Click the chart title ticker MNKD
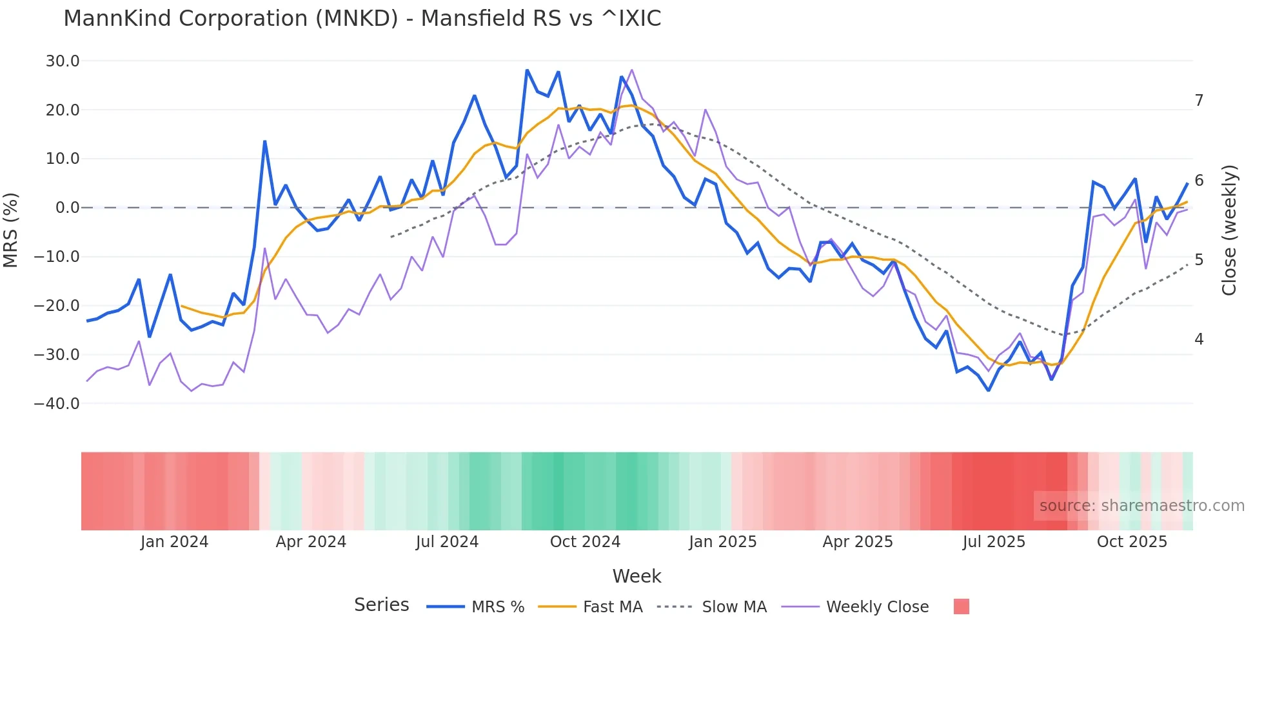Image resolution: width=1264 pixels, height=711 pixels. [x=357, y=19]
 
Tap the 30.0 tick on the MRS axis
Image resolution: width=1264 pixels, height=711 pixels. [x=63, y=61]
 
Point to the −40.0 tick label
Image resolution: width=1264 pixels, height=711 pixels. [x=57, y=404]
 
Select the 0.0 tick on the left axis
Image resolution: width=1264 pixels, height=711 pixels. [x=67, y=208]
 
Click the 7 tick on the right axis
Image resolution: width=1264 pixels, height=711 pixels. [x=1199, y=101]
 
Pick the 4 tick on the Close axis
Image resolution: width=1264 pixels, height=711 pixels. [x=1199, y=339]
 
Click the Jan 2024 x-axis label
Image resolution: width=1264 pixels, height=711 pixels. [x=174, y=542]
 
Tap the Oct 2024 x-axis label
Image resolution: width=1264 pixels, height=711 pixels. [x=585, y=542]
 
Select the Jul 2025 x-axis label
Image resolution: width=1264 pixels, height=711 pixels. [x=994, y=542]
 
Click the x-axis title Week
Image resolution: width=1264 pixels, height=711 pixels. [x=637, y=576]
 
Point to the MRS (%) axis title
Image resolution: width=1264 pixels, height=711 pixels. [x=11, y=230]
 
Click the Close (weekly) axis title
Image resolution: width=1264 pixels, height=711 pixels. [x=1229, y=230]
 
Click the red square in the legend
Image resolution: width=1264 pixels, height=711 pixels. [x=962, y=606]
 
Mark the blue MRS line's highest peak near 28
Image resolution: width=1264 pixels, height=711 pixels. [x=527, y=70]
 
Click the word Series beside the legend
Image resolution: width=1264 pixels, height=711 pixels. [x=381, y=605]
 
